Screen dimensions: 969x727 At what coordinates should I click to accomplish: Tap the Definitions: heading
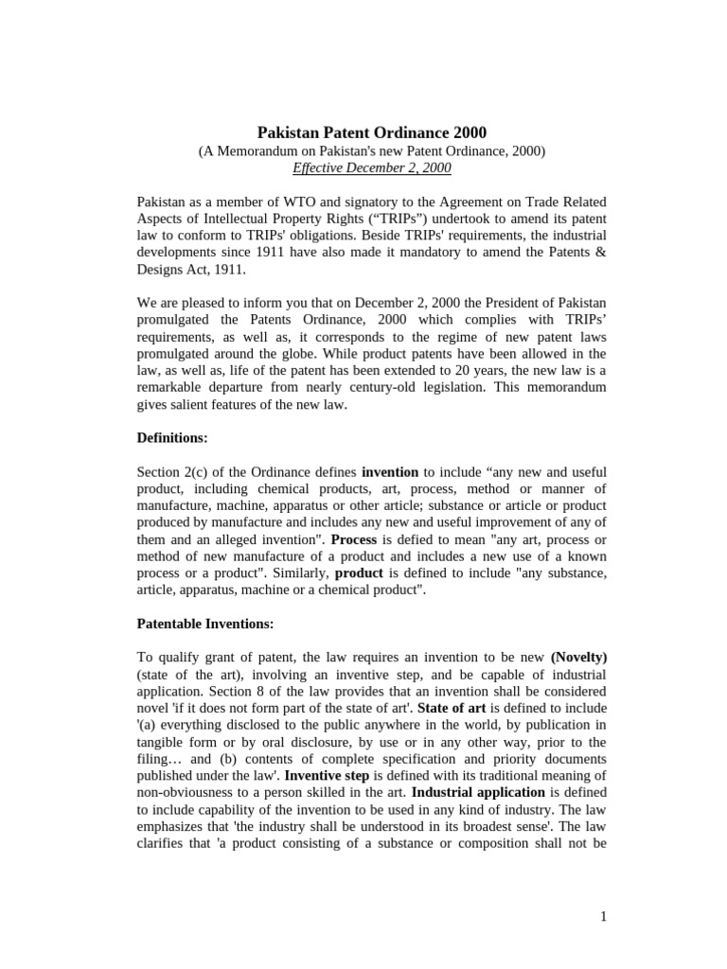click(x=172, y=438)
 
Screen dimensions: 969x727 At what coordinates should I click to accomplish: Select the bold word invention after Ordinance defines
click(x=390, y=471)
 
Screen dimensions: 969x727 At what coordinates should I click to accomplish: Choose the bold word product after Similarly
click(x=359, y=573)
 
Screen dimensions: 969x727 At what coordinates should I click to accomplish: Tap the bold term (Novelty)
click(x=579, y=657)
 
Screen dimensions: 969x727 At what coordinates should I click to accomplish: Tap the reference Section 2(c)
click(x=177, y=471)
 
